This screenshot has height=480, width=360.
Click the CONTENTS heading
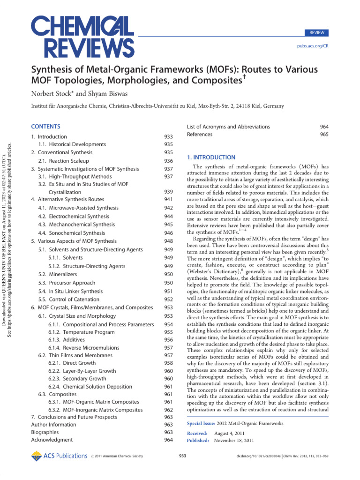point(45,127)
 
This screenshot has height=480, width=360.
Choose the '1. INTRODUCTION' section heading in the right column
point(211,157)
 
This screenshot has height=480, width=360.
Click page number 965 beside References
point(324,135)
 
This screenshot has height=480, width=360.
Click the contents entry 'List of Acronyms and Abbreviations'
point(228,127)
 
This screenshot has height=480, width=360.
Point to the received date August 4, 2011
point(229,433)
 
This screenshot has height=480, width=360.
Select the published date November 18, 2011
point(234,441)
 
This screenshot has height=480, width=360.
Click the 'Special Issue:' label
point(202,423)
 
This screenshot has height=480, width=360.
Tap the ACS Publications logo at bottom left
point(59,455)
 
